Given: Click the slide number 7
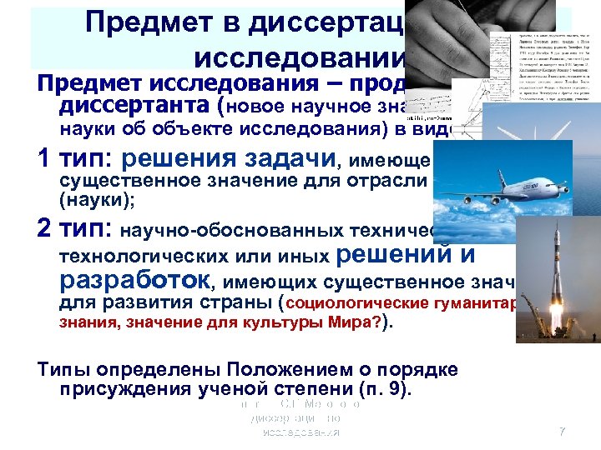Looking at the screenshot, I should (562, 432).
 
